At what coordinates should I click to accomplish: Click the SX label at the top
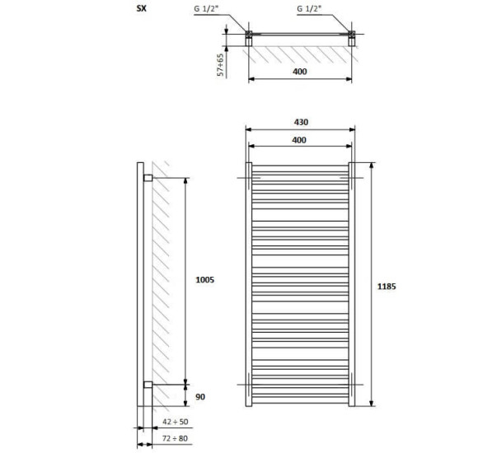click(x=142, y=8)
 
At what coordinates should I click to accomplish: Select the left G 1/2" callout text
click(x=206, y=9)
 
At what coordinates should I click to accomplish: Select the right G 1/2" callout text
click(x=309, y=9)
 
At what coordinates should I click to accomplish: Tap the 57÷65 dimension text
click(x=220, y=64)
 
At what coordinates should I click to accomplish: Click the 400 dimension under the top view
click(x=300, y=72)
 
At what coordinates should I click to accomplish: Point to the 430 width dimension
click(x=301, y=122)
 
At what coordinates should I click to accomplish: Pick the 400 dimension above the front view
click(x=299, y=140)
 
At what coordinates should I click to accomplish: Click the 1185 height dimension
click(x=387, y=287)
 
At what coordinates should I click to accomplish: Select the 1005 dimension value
click(x=205, y=280)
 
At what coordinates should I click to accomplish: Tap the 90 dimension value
click(x=200, y=397)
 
